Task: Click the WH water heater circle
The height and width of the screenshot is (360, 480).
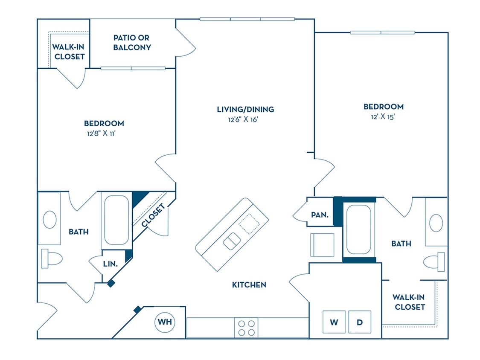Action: tap(165, 322)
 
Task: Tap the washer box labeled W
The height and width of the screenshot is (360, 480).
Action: tap(334, 322)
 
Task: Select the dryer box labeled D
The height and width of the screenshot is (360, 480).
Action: tap(360, 322)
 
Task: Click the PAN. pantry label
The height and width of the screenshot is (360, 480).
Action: tap(320, 215)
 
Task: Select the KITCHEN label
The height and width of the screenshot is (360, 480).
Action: tap(249, 285)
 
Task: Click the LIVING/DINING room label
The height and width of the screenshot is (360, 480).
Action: tap(245, 109)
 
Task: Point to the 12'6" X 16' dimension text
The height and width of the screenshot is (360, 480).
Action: tap(243, 120)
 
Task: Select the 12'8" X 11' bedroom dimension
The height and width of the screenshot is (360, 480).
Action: tap(104, 134)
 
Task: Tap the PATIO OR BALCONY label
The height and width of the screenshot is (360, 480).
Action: tap(132, 43)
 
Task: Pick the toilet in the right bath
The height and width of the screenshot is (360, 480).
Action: tap(435, 261)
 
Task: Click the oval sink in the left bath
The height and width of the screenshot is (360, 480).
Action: tap(49, 219)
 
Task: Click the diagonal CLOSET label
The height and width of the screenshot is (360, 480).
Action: tap(153, 215)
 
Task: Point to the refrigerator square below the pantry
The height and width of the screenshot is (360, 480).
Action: tap(322, 245)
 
